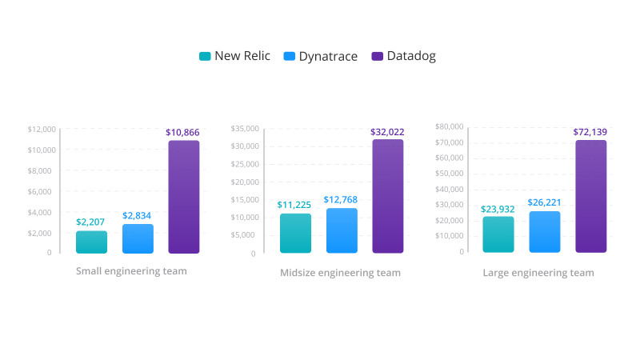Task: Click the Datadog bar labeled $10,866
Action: [x=183, y=197]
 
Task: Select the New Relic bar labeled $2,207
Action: [x=91, y=242]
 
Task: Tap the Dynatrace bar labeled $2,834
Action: [x=138, y=238]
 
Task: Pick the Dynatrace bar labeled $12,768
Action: [x=342, y=230]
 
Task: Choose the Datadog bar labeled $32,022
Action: [x=388, y=196]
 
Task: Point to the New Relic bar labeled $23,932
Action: [x=498, y=234]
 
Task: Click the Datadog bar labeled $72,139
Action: [x=591, y=196]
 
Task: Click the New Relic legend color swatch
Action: [x=205, y=56]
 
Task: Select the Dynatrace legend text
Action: [x=329, y=56]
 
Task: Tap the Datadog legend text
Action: [x=411, y=56]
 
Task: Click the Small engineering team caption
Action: [x=131, y=271]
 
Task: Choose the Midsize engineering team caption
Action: [x=340, y=273]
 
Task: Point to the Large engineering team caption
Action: [x=538, y=273]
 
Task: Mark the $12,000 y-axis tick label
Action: [x=41, y=129]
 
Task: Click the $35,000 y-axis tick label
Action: [x=245, y=128]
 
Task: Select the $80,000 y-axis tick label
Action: [x=449, y=126]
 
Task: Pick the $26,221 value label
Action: [x=545, y=202]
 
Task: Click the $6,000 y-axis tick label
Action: [x=43, y=191]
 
